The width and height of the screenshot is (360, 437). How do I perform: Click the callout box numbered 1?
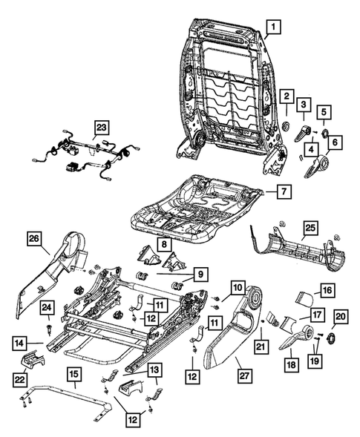(273, 27)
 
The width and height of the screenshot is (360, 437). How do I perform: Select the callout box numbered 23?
(101, 128)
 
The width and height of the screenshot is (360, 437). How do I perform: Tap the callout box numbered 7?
(284, 191)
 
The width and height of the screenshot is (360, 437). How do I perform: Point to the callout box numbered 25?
(310, 229)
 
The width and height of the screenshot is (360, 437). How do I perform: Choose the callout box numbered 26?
(34, 239)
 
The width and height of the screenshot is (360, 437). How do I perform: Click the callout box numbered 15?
(74, 374)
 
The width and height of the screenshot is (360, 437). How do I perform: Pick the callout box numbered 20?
(341, 317)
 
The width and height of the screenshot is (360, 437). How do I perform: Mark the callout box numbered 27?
(244, 375)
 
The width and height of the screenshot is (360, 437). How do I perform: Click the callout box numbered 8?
(164, 244)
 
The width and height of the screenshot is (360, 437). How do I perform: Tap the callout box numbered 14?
(19, 344)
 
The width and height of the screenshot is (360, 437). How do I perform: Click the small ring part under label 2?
(287, 126)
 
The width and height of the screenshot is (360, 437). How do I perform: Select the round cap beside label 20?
(331, 339)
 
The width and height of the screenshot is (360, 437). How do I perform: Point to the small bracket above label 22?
(32, 358)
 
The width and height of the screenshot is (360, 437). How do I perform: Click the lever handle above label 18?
(296, 337)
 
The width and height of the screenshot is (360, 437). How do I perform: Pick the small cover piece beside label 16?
(304, 299)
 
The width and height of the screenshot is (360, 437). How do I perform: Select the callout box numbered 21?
(261, 346)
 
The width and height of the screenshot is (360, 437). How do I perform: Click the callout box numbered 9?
(200, 275)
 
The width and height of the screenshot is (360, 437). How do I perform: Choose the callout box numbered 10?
(238, 287)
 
